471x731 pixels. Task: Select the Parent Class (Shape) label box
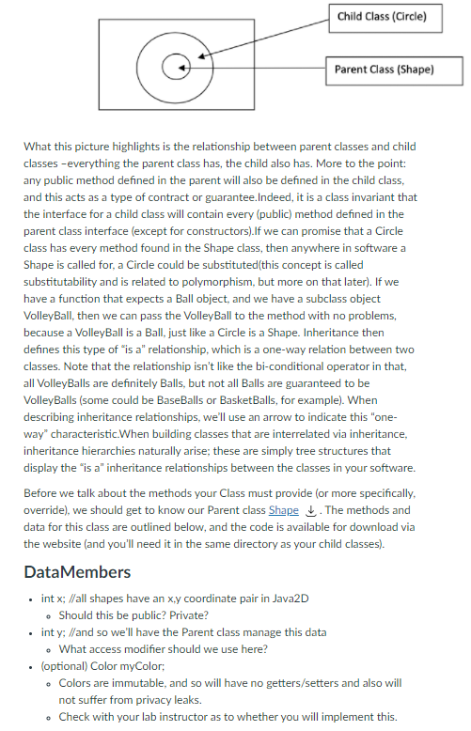tap(385, 69)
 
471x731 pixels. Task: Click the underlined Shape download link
tap(283, 510)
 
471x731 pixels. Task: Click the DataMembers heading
tap(77, 572)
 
